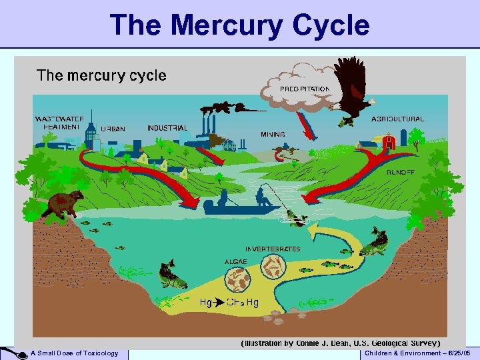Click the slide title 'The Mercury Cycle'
(240, 25)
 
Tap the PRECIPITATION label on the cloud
(305, 89)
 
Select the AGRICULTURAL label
(397, 119)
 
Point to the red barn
(390, 142)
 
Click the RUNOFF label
(401, 172)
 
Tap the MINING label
(273, 134)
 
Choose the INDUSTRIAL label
(167, 128)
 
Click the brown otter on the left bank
(63, 204)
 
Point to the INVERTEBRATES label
(273, 249)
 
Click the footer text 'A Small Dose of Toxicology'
(74, 353)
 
